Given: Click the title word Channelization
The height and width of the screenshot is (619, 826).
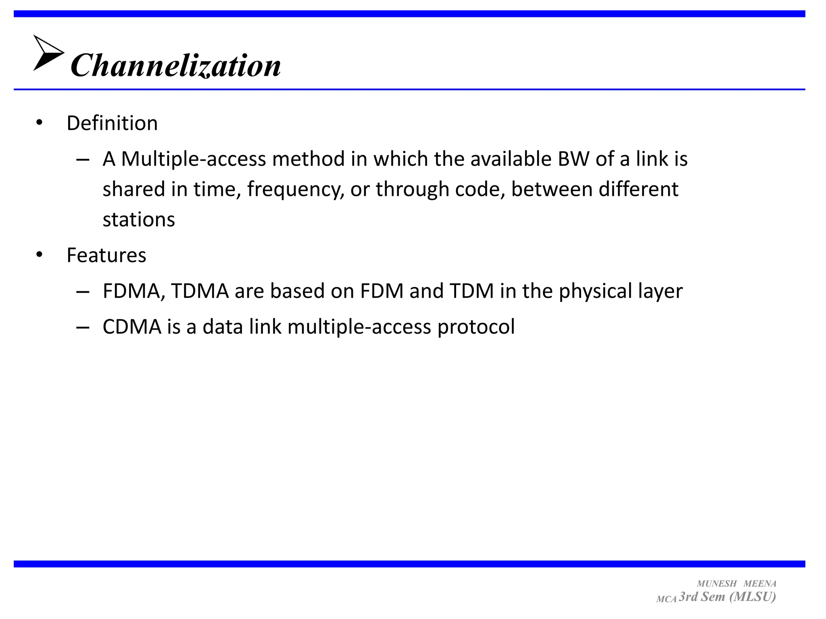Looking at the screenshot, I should (175, 65).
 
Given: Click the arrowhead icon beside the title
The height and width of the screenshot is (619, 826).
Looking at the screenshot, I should (48, 53).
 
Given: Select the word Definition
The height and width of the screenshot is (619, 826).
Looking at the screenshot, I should (112, 123).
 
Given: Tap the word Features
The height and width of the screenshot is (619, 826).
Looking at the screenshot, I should (106, 255).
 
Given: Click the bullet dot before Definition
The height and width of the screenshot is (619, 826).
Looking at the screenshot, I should (39, 123).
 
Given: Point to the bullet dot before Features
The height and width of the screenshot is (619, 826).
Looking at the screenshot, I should (39, 255).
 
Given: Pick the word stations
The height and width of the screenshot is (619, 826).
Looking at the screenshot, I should (139, 220).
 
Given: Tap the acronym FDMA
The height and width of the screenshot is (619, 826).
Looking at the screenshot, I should (133, 291).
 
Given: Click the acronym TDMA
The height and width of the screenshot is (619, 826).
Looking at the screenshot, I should (200, 291).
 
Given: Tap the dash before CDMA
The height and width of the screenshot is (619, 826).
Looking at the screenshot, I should (83, 327).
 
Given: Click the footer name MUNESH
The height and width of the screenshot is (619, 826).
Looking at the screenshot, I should (717, 584).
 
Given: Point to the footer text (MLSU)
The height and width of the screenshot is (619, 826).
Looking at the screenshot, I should (753, 596).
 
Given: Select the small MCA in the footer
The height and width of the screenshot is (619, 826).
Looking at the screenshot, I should (666, 599).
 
